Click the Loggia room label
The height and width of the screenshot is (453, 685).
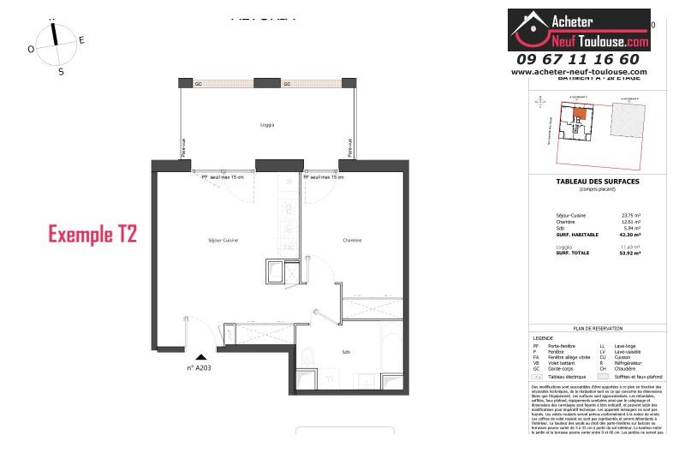click(267, 125)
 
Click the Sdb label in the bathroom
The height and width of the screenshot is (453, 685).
click(346, 352)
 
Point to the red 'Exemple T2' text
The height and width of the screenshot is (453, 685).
click(92, 233)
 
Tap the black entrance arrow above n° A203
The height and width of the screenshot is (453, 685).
click(200, 358)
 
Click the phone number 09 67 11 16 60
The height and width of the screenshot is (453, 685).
click(578, 59)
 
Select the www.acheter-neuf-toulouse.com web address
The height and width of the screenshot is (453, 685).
click(579, 72)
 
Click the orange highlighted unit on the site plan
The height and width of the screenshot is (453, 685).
click(580, 113)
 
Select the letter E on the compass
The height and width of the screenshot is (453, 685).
click(81, 40)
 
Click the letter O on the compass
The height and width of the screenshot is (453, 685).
click(31, 49)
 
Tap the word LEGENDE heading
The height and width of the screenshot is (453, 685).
click(544, 337)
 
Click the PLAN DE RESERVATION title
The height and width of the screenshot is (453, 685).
click(597, 328)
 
